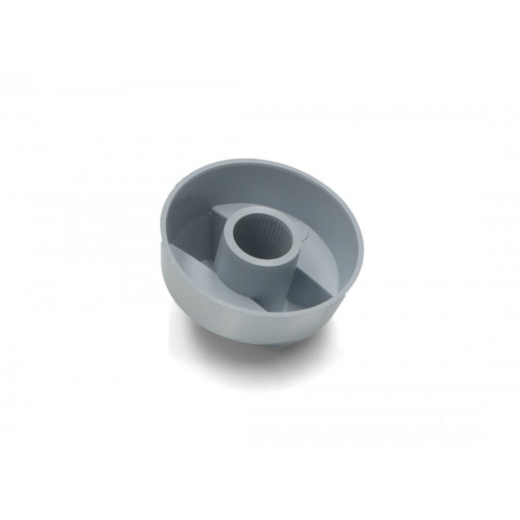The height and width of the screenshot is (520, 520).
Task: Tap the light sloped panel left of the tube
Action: click(x=201, y=260)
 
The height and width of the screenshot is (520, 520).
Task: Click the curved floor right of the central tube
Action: click(x=325, y=260)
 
